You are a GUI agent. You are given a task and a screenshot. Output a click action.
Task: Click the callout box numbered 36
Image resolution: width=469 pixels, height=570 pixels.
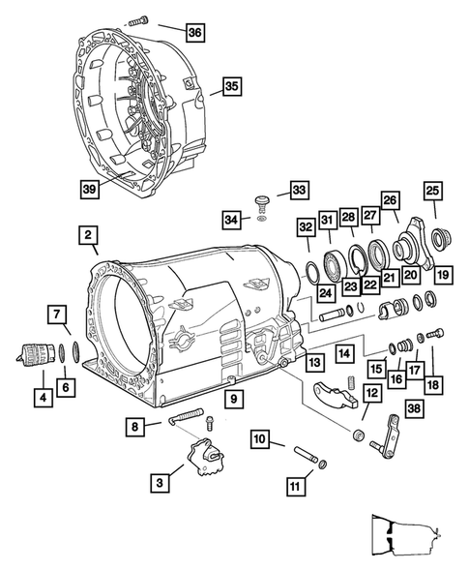(x=195, y=33)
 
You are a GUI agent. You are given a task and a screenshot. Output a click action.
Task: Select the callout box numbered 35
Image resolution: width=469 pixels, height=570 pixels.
(x=231, y=85)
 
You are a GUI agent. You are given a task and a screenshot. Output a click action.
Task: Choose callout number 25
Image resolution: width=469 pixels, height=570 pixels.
(x=432, y=192)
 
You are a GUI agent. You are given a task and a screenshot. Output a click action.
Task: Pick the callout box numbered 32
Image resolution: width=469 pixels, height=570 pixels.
(x=306, y=228)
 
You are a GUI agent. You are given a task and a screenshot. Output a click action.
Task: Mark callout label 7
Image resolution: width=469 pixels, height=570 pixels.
(x=58, y=314)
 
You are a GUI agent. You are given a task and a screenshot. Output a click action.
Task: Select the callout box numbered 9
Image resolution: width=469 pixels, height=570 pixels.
(x=232, y=398)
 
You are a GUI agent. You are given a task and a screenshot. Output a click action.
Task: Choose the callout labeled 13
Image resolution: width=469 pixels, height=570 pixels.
(x=314, y=362)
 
